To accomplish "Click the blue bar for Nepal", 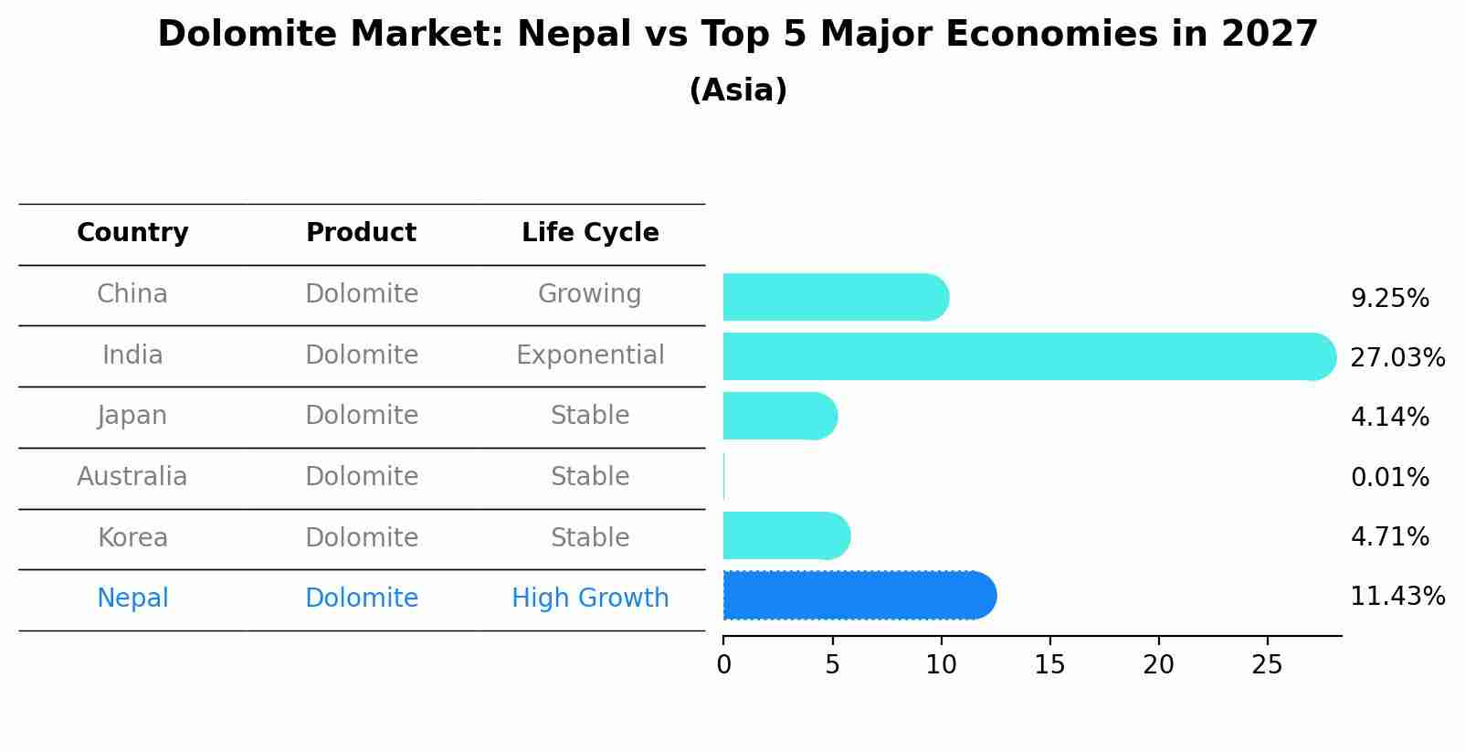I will point(859,596).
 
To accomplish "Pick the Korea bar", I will point(785,535).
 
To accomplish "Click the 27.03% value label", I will point(1396,357).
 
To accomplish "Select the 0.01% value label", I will point(1389,477).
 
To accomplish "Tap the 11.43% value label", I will point(1396,597).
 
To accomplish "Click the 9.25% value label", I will point(1389,298).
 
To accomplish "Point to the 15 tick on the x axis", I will point(1049,665).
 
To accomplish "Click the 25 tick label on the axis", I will point(1267,665).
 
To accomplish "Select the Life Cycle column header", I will point(590,233).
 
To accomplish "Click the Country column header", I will point(132,233).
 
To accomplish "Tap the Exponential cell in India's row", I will point(590,355).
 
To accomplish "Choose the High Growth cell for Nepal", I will point(590,598).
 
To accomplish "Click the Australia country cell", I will point(132,476).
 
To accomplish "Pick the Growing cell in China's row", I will point(590,293).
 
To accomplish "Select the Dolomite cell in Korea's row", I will point(362,537).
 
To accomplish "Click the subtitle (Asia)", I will point(738,90).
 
